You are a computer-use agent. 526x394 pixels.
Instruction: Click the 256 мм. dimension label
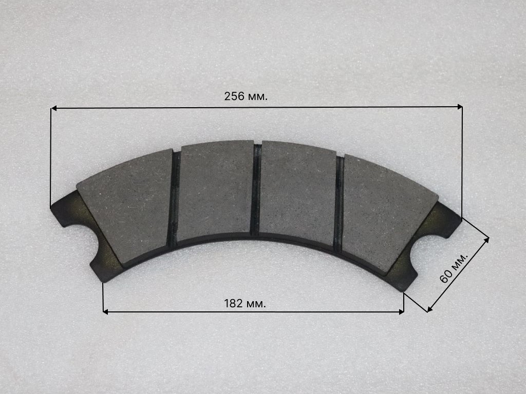[x=246, y=96]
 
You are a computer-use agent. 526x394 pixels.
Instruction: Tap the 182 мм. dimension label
[x=245, y=304]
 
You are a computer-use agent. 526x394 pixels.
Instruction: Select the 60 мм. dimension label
[x=454, y=268]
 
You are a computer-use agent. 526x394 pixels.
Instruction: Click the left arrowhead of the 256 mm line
[x=53, y=109]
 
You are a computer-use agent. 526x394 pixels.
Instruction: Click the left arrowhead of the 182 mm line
[x=105, y=312]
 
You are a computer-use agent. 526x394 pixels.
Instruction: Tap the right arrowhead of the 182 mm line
[x=401, y=312]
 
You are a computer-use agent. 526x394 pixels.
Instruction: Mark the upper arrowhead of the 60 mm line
[x=486, y=240]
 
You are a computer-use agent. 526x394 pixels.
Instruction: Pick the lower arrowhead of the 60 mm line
[x=429, y=309]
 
